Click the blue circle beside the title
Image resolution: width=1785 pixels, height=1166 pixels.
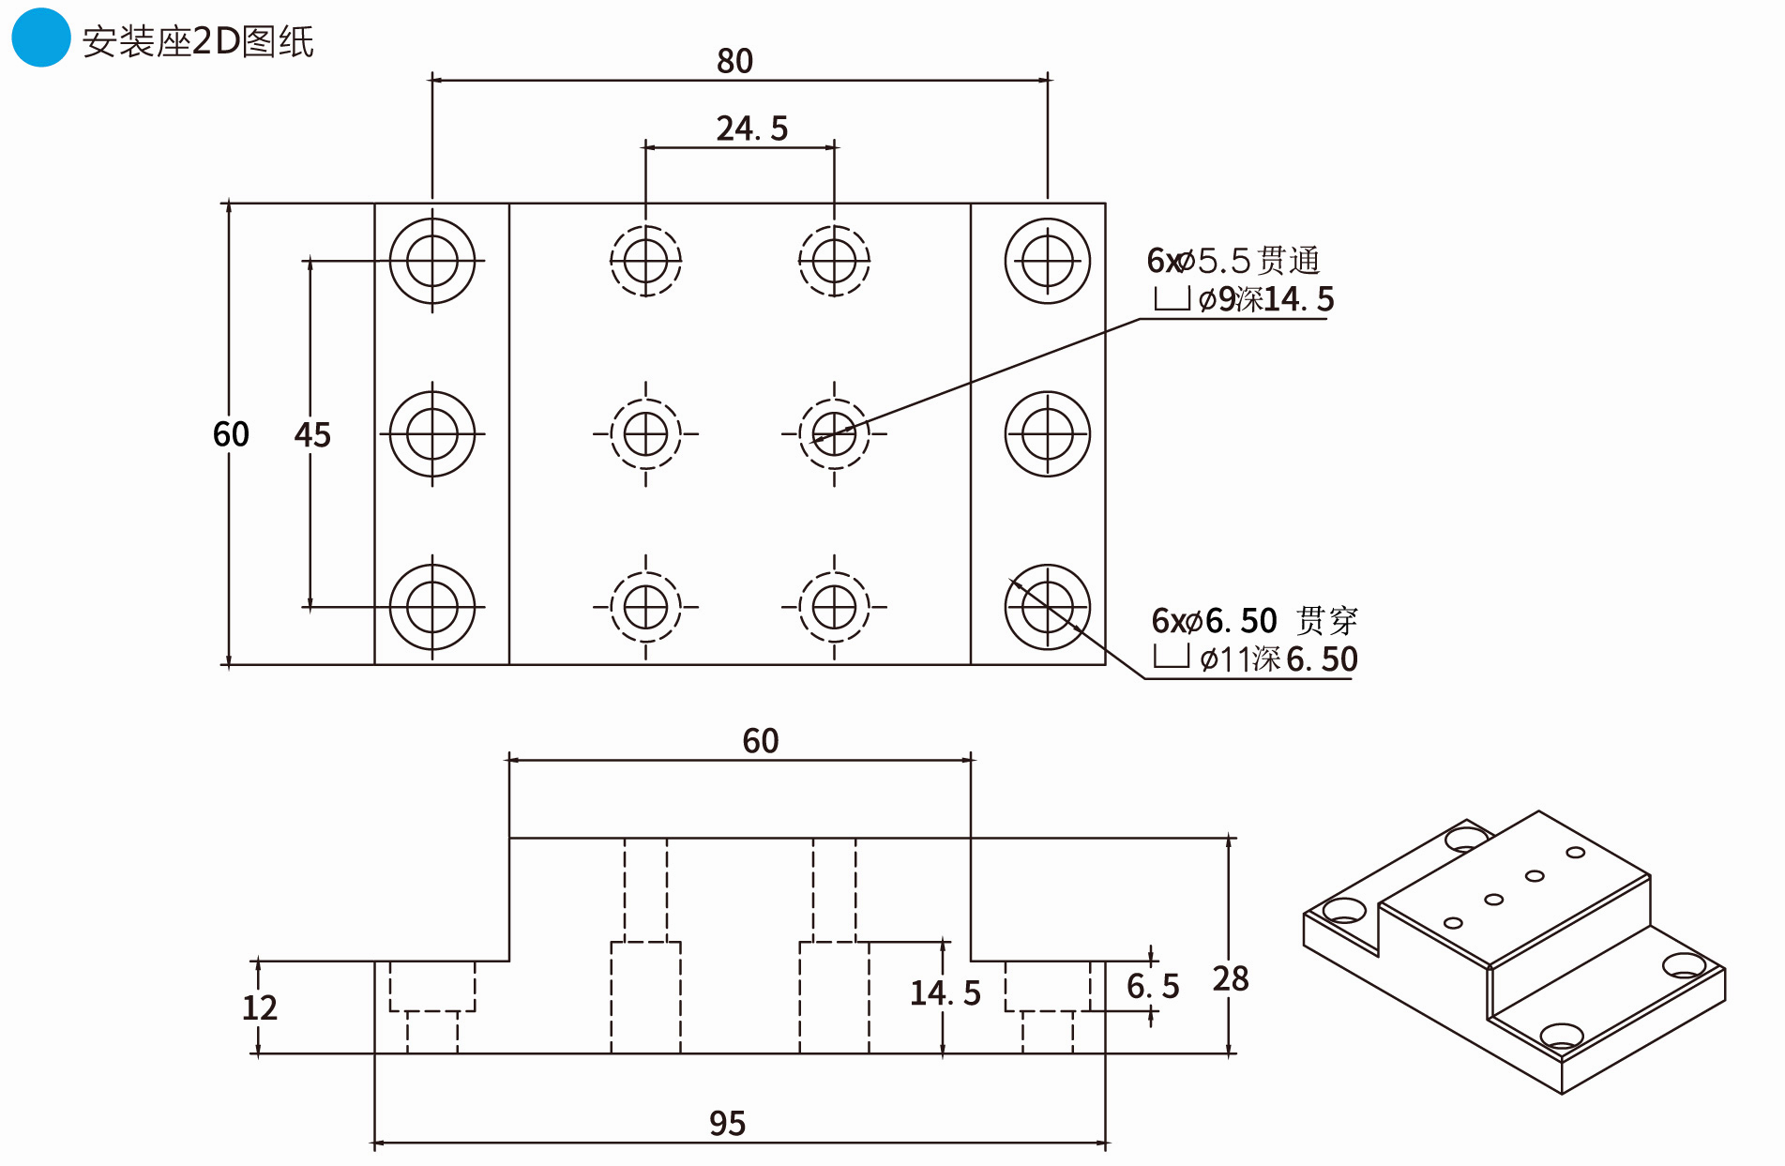click(x=40, y=38)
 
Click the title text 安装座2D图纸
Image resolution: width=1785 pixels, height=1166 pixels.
click(x=198, y=41)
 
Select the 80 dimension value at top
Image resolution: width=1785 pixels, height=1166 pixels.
click(x=734, y=61)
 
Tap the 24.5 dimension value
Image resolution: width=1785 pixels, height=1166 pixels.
click(x=751, y=129)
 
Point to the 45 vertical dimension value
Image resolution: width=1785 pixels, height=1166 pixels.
click(x=312, y=434)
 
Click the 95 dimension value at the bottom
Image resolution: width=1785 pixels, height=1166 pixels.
click(x=727, y=1123)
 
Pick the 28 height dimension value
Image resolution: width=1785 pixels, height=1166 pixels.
click(x=1231, y=978)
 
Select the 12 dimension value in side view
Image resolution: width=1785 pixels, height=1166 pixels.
click(x=260, y=1007)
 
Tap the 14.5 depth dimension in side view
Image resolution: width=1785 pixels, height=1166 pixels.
click(x=945, y=992)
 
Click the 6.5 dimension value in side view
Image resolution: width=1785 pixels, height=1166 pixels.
click(x=1153, y=986)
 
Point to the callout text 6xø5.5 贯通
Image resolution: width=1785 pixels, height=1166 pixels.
click(x=1233, y=260)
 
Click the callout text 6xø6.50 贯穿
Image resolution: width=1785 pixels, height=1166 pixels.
click(x=1254, y=620)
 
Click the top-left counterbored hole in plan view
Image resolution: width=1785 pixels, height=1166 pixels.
click(x=432, y=261)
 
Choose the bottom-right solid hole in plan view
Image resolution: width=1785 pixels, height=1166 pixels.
click(x=1048, y=607)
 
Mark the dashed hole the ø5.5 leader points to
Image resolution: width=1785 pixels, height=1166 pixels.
click(x=834, y=434)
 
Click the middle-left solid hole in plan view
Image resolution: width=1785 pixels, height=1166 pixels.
click(x=432, y=434)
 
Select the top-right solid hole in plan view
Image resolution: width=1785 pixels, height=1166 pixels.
click(x=1048, y=261)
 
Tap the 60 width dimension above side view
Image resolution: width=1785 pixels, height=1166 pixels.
click(x=760, y=741)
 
